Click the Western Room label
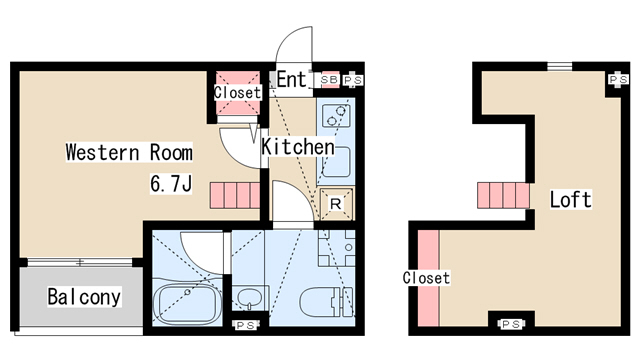pyautogui.click(x=129, y=152)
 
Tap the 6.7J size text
pyautogui.click(x=171, y=183)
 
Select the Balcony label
pyautogui.click(x=84, y=297)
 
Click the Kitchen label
pyautogui.click(x=298, y=147)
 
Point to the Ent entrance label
pyautogui.click(x=291, y=79)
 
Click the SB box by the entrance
pyautogui.click(x=329, y=80)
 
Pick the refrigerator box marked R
pyautogui.click(x=336, y=204)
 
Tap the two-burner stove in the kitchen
pyautogui.click(x=336, y=116)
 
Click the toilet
pyautogui.click(x=327, y=302)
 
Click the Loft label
pyautogui.click(x=570, y=200)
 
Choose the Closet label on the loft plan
pyautogui.click(x=426, y=278)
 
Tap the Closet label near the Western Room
pyautogui.click(x=238, y=92)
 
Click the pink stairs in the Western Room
pyautogui.click(x=235, y=196)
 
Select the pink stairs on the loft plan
pyautogui.click(x=504, y=196)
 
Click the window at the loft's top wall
pyautogui.click(x=560, y=67)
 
